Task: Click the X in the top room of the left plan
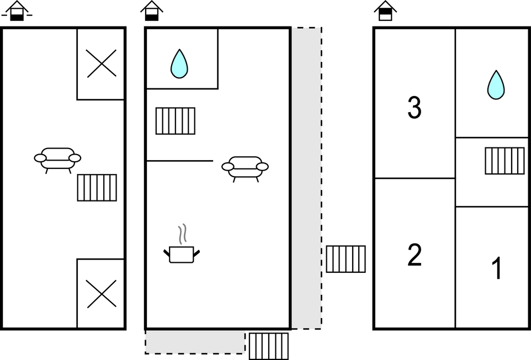click(x=102, y=63)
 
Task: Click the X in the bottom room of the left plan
click(x=102, y=293)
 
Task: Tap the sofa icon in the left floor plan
click(x=57, y=158)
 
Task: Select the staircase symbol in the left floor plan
click(x=97, y=188)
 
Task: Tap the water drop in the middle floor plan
click(x=179, y=63)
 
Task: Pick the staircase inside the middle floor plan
click(x=176, y=121)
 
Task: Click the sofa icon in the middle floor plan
click(x=245, y=167)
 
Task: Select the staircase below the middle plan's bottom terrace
click(x=268, y=346)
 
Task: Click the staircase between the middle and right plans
click(x=346, y=259)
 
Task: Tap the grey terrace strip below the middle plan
click(x=195, y=341)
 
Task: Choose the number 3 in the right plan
click(x=414, y=108)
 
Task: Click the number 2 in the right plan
click(x=414, y=255)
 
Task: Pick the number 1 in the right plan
click(x=497, y=269)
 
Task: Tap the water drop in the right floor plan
click(x=496, y=85)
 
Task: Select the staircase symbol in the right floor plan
click(x=505, y=161)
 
